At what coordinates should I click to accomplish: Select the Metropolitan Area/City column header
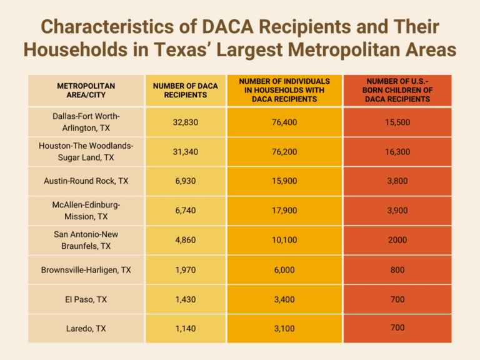tap(86, 90)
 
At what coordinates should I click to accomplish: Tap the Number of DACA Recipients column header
tap(185, 90)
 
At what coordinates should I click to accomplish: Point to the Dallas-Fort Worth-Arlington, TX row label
tap(86, 122)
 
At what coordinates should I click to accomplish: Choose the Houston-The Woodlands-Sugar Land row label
tap(86, 152)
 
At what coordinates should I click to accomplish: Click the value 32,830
tap(185, 122)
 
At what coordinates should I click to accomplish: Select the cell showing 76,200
tap(284, 152)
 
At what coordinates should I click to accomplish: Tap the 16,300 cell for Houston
tap(397, 152)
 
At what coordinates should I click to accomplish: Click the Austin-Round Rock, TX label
tap(86, 181)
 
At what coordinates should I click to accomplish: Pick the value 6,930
tap(185, 181)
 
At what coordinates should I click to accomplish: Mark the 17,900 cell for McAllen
tap(284, 211)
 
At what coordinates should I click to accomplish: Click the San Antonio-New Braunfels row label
tap(86, 240)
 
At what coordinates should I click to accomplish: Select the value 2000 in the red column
tap(397, 240)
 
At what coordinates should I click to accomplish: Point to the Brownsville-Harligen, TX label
tap(86, 270)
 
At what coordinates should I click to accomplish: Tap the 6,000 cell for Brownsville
tap(284, 270)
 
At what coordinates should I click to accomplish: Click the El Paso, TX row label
tap(86, 299)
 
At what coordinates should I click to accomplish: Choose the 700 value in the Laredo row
tap(397, 327)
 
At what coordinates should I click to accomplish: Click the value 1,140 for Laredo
tap(185, 329)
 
